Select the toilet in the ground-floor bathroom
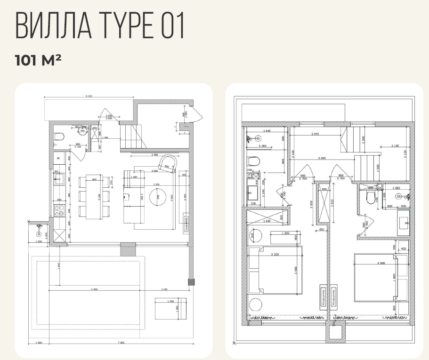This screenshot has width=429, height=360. point(58,136)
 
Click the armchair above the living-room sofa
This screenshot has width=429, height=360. point(168,163)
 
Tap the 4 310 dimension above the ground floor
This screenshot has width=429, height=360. point(88,96)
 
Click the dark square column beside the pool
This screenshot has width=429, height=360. point(191,282)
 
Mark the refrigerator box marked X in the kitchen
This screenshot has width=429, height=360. point(58,159)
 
